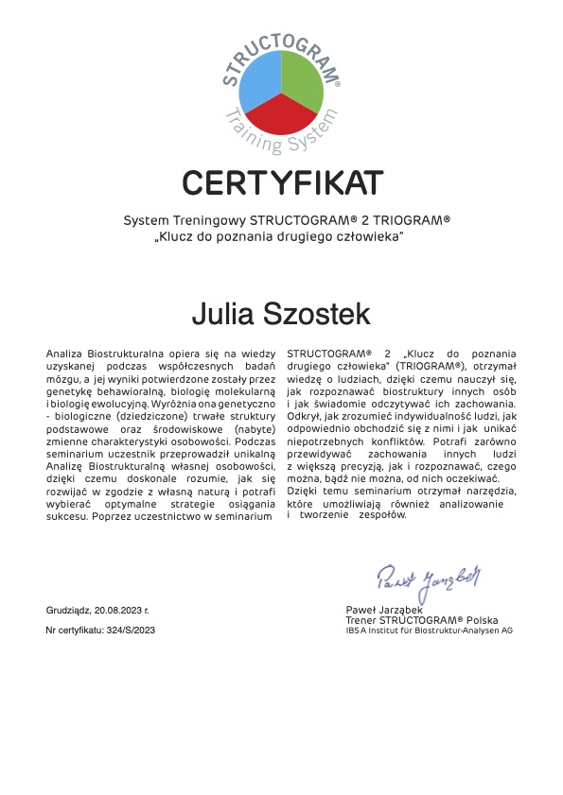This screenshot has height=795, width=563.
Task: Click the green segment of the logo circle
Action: point(303,76)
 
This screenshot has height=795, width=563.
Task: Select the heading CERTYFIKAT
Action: point(282,181)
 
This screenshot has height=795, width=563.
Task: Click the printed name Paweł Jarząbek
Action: point(384,611)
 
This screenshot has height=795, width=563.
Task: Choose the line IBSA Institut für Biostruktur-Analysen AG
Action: point(429,630)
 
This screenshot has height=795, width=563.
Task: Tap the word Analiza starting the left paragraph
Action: point(64,353)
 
